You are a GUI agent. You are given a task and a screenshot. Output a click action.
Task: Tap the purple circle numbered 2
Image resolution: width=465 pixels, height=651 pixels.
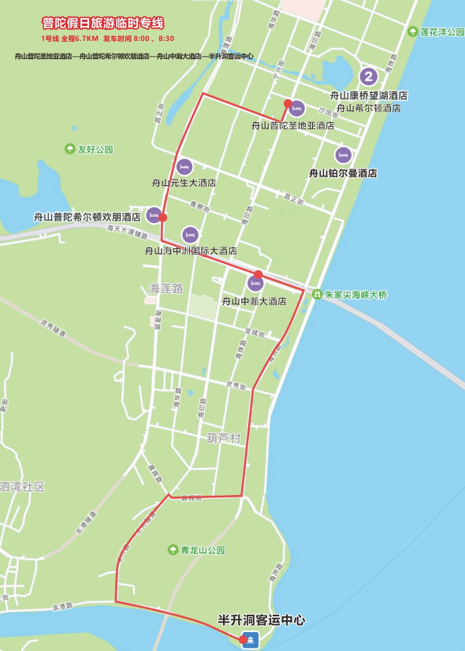point(368,76)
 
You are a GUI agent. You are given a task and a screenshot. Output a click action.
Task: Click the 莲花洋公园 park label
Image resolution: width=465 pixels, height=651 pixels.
point(441,32)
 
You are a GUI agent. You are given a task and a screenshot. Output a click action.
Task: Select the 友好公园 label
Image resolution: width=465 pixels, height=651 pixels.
point(95,149)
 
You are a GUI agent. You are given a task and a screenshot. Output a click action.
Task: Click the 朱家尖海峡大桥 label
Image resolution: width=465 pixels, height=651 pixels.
point(355,295)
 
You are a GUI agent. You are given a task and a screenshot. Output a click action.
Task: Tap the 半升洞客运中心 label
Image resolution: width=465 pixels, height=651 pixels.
point(261,621)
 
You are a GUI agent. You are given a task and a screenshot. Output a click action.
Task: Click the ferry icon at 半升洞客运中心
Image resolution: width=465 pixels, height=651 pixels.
point(251,641)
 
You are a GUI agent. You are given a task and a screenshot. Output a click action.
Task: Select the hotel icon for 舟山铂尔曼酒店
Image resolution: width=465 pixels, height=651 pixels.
point(343,155)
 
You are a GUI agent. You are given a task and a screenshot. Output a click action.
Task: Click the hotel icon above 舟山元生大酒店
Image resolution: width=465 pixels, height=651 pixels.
point(184,166)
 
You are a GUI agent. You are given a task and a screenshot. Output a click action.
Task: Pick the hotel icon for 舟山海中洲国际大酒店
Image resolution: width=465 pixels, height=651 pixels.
point(190,234)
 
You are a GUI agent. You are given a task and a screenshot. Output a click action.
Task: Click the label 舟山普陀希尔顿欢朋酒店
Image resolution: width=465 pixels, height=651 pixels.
point(87,217)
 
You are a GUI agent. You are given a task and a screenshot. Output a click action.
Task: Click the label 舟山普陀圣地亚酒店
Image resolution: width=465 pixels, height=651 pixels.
point(292,125)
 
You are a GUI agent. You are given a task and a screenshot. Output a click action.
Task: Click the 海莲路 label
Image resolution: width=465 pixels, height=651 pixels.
point(166,288)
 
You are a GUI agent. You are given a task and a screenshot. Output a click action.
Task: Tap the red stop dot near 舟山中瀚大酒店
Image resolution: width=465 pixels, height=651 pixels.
point(258,274)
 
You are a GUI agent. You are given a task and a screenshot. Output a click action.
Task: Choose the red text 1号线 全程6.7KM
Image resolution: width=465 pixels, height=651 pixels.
point(69,38)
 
